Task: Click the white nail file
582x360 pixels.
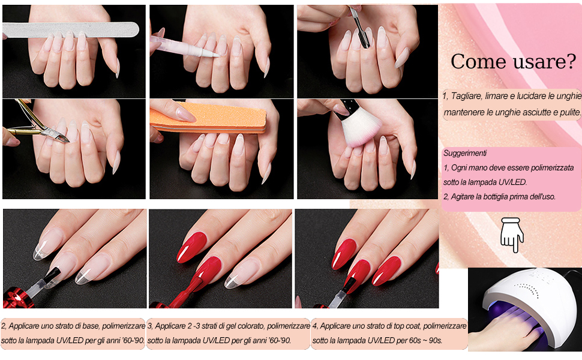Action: pyautogui.click(x=71, y=29)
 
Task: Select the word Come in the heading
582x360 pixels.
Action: pyautogui.click(x=479, y=62)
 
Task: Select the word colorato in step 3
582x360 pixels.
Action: pyautogui.click(x=248, y=326)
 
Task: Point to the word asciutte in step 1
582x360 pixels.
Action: pyautogui.click(x=519, y=112)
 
